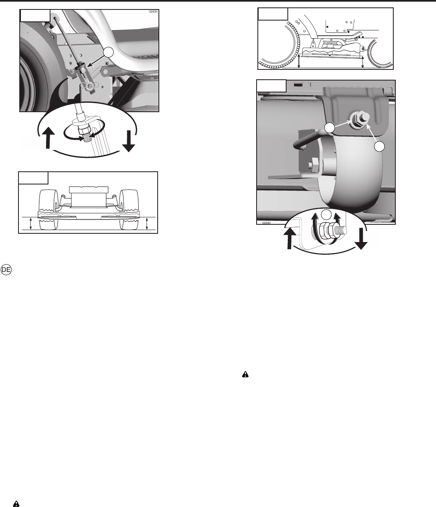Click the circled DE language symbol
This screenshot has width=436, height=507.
coord(6,270)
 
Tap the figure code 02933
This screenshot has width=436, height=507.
coord(153,12)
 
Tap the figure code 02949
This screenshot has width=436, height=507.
coord(266,223)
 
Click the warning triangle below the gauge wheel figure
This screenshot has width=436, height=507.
coord(246,374)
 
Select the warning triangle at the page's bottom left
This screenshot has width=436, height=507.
coord(16,504)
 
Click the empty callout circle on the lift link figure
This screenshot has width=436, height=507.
coord(108,53)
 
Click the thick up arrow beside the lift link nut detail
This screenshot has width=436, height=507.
coord(48,138)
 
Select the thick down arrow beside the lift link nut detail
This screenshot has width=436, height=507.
coord(129,141)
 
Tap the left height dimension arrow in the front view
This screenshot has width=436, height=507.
coord(31,224)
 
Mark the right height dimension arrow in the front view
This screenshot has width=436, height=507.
coord(147,224)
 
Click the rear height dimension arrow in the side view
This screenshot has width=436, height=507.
coord(299,61)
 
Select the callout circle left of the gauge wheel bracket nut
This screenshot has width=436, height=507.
coord(330,128)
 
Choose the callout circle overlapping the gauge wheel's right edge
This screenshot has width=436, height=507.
coord(379,147)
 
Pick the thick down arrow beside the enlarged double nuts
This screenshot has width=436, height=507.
coord(361,239)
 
